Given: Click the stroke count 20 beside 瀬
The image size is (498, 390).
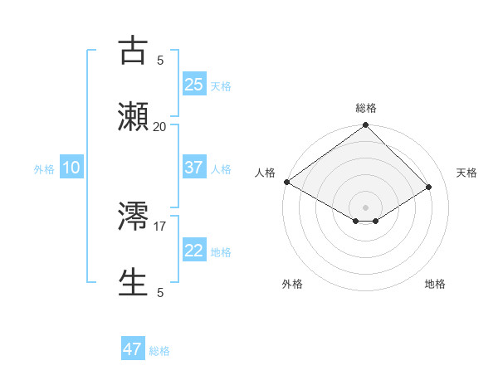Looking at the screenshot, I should point(159,126).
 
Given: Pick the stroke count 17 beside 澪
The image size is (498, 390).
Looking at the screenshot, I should point(159,225).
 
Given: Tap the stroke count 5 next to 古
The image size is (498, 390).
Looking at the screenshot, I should point(159,60).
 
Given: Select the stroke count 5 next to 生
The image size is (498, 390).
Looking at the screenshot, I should point(159,292).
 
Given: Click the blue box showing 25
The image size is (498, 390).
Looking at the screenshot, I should point(193,84).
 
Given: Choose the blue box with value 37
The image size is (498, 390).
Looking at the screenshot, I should point(193,167).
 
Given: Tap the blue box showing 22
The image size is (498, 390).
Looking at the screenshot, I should point(193,250).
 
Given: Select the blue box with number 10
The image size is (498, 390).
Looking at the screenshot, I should point(71,167).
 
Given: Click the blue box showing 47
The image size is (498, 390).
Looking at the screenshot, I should point(133,349).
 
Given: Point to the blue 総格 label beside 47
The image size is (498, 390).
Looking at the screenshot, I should point(159,351).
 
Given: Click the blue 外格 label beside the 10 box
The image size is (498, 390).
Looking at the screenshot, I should point(44,168).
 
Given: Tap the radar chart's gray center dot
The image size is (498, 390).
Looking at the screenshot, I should point(365,207).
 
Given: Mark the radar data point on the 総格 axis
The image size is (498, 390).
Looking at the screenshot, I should point(365,126).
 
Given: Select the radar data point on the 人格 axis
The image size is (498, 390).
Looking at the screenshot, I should point(286,182).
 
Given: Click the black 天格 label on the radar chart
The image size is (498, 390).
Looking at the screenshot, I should point(466,173).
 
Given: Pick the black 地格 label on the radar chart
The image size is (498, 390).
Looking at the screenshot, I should point(435,284).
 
